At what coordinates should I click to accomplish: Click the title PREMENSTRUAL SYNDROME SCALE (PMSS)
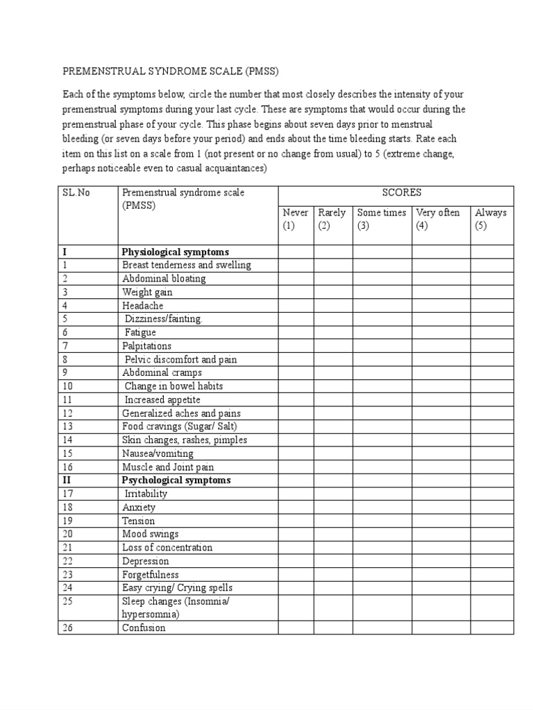coord(171,71)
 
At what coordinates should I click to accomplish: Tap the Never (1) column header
coord(296,219)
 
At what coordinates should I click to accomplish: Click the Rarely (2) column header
coord(332,219)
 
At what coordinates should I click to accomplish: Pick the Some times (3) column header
coord(382,219)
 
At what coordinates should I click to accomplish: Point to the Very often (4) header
coord(441,219)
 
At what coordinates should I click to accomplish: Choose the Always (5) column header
coord(491,219)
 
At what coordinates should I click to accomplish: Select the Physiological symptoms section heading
coord(176,252)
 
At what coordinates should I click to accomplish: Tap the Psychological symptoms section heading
coord(176,480)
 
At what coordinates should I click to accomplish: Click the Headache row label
coord(143,305)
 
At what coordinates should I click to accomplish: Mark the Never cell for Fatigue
coord(296,332)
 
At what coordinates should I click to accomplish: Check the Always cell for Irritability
coord(491,494)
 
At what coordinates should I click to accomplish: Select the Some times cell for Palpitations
coord(382,345)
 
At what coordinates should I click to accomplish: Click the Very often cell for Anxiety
coord(441,507)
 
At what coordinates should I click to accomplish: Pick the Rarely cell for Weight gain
coord(332,292)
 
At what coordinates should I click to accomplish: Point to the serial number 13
coord(67,426)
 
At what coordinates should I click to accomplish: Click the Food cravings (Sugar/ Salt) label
coord(184,426)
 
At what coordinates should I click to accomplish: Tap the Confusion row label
coord(144,627)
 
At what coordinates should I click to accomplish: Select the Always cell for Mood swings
coord(491,534)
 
